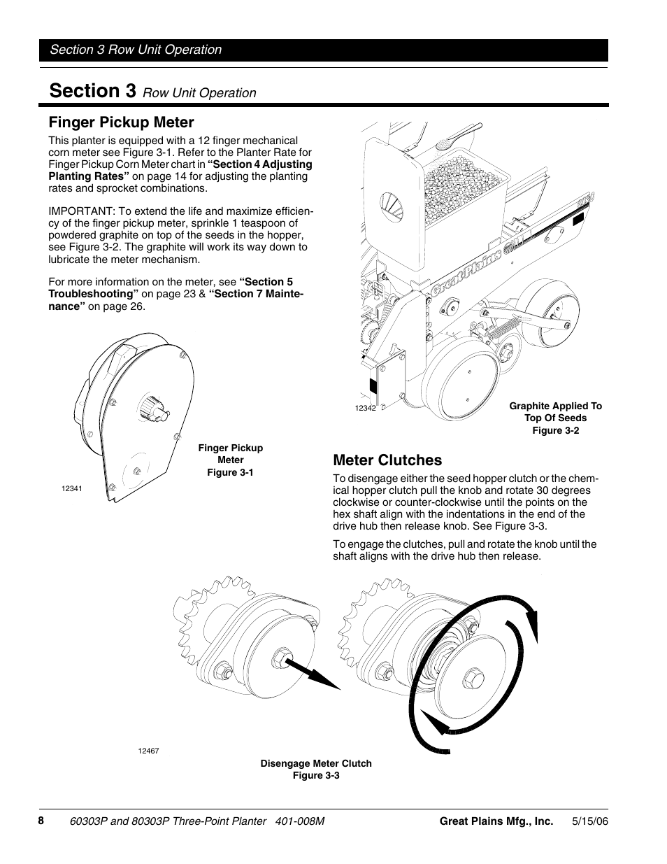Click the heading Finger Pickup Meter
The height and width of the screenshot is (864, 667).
[x=121, y=122]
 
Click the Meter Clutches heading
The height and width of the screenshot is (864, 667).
[x=387, y=460]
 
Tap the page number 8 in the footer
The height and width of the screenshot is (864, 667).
[x=41, y=820]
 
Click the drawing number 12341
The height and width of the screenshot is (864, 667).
[x=72, y=488]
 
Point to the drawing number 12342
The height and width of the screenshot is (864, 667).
[x=365, y=408]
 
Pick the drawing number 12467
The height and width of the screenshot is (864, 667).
[x=148, y=751]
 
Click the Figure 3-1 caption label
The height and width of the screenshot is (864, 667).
[x=230, y=472]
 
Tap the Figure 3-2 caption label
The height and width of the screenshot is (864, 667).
[x=555, y=430]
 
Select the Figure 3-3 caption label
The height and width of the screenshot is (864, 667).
[x=316, y=775]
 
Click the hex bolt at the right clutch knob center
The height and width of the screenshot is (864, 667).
[x=473, y=679]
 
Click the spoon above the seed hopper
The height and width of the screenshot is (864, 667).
[x=455, y=137]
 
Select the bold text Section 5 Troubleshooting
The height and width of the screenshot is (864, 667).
[x=171, y=288]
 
